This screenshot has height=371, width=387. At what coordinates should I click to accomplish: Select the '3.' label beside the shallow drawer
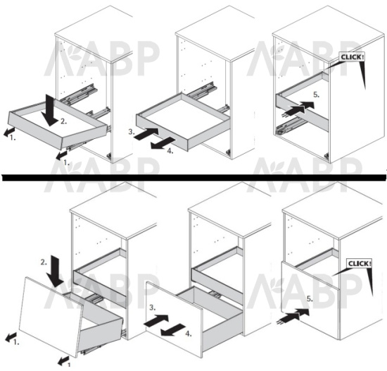coord(132,132)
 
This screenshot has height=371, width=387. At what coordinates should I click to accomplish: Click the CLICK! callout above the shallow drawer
coord(352,57)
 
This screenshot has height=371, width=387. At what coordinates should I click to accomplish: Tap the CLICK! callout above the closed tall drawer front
coord(359,264)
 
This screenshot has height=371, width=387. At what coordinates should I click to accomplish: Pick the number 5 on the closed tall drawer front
coord(310,299)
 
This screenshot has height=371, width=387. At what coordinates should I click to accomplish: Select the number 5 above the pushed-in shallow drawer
coord(316,95)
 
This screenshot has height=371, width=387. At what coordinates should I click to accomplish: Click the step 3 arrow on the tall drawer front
coord(156,320)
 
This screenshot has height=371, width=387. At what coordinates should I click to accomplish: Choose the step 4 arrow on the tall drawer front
coord(173,330)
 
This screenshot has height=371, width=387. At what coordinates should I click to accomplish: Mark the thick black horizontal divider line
coord(193,177)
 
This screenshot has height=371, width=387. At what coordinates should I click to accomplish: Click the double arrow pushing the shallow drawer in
coord(298,109)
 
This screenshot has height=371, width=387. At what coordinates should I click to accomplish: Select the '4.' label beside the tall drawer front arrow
coord(189,334)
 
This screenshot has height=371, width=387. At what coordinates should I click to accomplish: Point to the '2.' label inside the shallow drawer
coord(63,121)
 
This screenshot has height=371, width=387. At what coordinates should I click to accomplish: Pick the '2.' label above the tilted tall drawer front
coord(44,262)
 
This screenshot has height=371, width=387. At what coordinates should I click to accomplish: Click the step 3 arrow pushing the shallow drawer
coord(146,134)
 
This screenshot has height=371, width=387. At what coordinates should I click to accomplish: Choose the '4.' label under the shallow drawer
coord(170,151)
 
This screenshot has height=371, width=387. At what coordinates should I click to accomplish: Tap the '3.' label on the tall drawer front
coord(153,308)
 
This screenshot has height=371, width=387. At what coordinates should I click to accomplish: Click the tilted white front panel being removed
coord(51,317)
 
